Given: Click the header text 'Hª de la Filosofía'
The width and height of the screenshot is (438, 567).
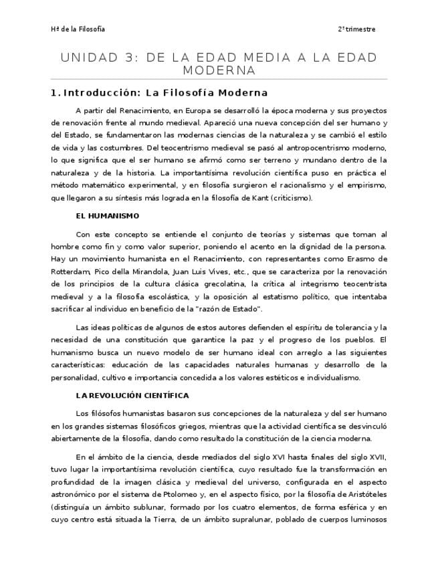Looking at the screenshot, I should [78, 29].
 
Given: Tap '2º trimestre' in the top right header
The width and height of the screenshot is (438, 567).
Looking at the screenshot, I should [356, 29].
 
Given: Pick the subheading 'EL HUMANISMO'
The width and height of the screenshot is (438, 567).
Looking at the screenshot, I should [108, 216].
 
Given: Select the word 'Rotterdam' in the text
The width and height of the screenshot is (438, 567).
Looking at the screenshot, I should [70, 271].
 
